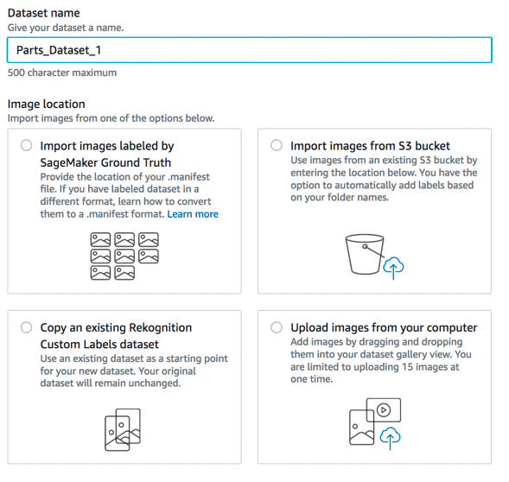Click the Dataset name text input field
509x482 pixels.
coord(249,50)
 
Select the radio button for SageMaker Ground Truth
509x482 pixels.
coord(26,145)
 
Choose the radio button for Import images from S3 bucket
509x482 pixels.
coord(277,145)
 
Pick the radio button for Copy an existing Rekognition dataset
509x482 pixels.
coord(26,327)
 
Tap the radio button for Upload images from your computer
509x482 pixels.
coord(277,327)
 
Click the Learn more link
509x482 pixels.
coord(193,214)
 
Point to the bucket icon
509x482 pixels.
coord(365,254)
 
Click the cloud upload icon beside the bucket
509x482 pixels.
coord(393,268)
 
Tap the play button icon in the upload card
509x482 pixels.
coord(384,410)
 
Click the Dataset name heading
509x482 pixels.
coord(44,13)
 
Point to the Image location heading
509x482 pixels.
coord(47,105)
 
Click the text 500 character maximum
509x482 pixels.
coord(62,73)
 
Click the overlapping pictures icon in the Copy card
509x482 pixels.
coord(123,430)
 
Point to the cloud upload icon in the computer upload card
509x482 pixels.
coord(390,438)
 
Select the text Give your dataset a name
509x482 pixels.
coord(66,28)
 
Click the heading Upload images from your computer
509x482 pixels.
coord(384,328)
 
